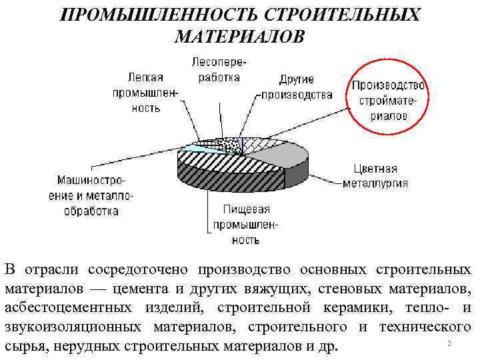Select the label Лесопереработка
217,69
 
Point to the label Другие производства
297,87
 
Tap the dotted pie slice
231,143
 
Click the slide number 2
449,343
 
